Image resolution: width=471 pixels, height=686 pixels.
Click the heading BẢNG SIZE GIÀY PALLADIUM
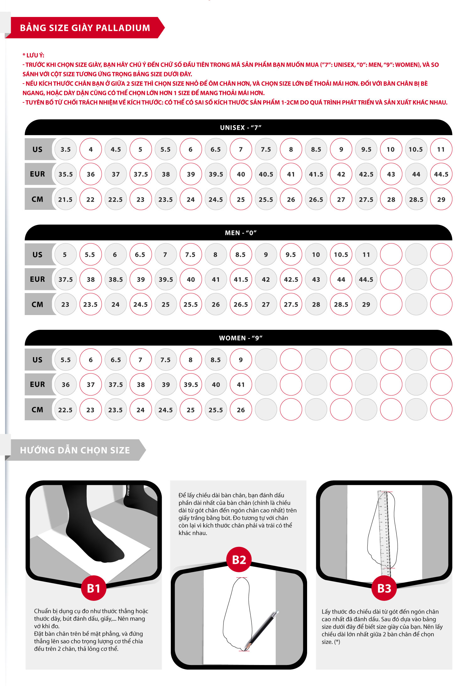pyautogui.click(x=85, y=28)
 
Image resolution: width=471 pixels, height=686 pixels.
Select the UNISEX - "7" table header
pyautogui.click(x=241, y=128)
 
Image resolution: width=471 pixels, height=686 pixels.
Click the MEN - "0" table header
pyautogui.click(x=241, y=233)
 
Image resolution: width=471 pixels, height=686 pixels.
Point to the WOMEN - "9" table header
pyautogui.click(x=241, y=338)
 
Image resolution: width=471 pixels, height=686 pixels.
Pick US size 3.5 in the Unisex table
pyautogui.click(x=66, y=149)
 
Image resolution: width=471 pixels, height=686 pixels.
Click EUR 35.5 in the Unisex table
pyautogui.click(x=66, y=174)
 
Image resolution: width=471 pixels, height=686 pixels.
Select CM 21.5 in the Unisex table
pyautogui.click(x=66, y=199)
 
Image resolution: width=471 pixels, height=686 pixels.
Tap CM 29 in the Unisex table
pyautogui.click(x=441, y=199)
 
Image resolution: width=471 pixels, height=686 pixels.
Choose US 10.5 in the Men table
pyautogui.click(x=341, y=254)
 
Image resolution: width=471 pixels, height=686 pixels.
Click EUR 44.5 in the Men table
pyautogui.click(x=366, y=279)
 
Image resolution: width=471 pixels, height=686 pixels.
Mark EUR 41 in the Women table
pyautogui.click(x=241, y=384)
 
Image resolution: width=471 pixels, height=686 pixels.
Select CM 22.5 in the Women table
pyautogui.click(x=66, y=410)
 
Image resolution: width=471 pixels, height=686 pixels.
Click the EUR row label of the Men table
pyautogui.click(x=37, y=279)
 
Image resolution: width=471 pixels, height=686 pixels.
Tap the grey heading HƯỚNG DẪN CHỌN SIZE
pyautogui.click(x=75, y=450)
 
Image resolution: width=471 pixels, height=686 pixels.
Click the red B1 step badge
pyautogui.click(x=94, y=588)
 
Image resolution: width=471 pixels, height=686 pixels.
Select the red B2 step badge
pyautogui.click(x=239, y=559)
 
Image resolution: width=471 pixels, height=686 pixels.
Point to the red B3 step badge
pyautogui.click(x=384, y=588)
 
